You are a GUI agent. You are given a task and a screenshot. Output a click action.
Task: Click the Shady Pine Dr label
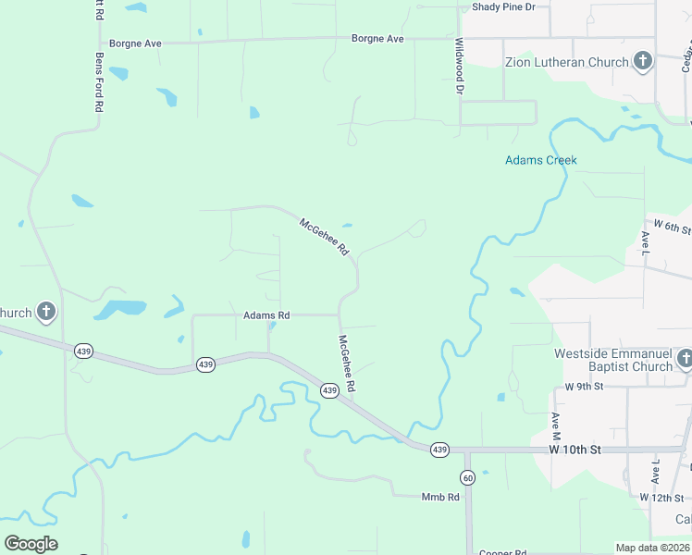(503, 6)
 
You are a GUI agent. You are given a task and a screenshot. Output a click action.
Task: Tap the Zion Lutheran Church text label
(566, 63)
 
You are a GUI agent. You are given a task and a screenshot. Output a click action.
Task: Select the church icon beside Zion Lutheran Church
(644, 62)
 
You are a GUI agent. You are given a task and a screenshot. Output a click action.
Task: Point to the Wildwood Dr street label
(459, 67)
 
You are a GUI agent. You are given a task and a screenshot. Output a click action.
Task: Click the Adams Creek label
(540, 160)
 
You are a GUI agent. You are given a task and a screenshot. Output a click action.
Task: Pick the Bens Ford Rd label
(99, 81)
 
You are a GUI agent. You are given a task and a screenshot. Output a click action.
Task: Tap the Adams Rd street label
(266, 315)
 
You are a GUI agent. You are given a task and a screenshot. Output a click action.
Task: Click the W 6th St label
(673, 226)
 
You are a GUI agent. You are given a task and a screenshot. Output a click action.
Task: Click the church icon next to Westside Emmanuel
(685, 359)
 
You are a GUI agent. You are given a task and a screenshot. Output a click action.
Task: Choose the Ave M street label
(557, 432)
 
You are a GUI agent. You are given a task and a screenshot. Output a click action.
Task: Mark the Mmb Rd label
(440, 497)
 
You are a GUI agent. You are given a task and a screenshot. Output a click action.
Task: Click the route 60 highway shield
(467, 476)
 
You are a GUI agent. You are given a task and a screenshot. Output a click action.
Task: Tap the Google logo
(31, 543)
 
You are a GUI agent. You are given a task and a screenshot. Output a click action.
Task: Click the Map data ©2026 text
(652, 548)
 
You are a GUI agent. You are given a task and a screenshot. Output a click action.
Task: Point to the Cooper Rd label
(502, 553)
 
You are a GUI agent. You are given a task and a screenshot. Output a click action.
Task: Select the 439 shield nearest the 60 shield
(439, 449)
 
